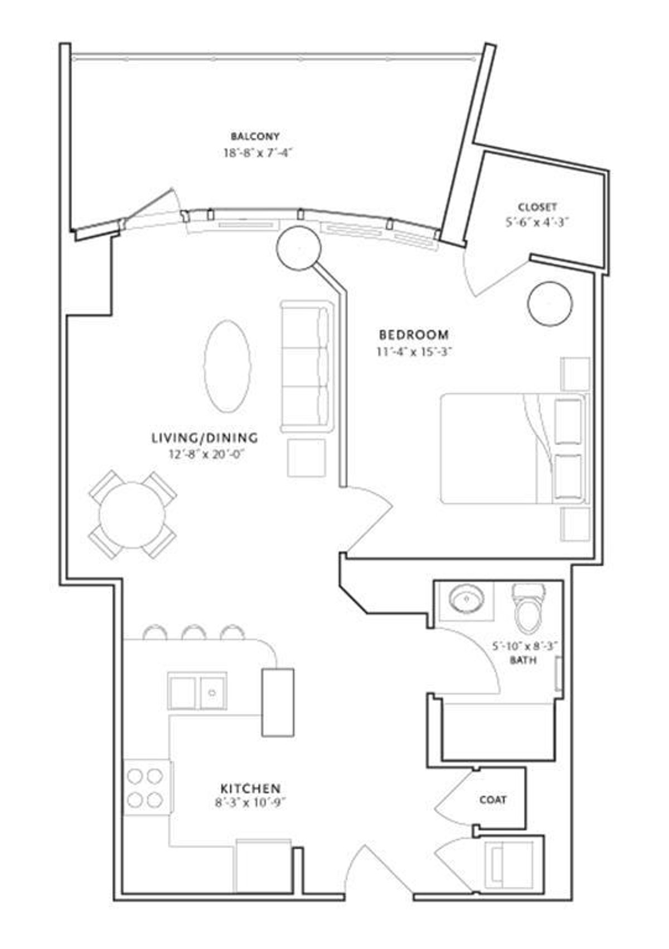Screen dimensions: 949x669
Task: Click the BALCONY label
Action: tap(255, 136)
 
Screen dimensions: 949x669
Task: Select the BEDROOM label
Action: tap(414, 335)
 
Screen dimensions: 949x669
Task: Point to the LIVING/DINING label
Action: tap(205, 438)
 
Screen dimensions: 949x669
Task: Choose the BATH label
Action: tap(523, 660)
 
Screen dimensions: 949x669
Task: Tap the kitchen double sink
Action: tap(197, 692)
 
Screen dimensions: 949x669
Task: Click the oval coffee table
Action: tap(227, 366)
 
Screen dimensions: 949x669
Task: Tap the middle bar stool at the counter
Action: tap(194, 632)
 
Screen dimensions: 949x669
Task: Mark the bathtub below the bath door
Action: tap(498, 731)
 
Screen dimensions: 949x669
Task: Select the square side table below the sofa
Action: tap(306, 458)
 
